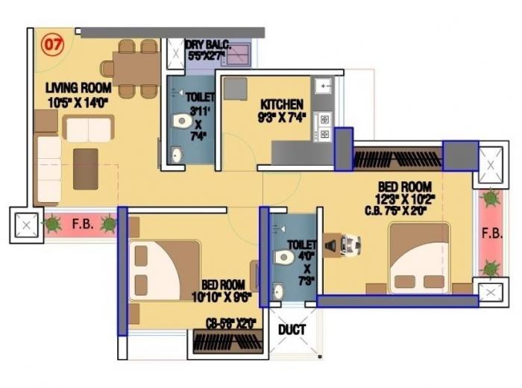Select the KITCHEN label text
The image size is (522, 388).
click(282, 104)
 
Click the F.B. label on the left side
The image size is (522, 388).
click(81, 222)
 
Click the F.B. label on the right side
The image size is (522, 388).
click(491, 232)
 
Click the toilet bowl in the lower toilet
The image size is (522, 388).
click(284, 257)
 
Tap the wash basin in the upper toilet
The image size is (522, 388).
click(176, 155)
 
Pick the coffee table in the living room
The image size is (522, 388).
click(85, 168)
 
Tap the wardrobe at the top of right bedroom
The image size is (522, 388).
click(397, 160)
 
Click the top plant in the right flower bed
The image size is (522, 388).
click(491, 199)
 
